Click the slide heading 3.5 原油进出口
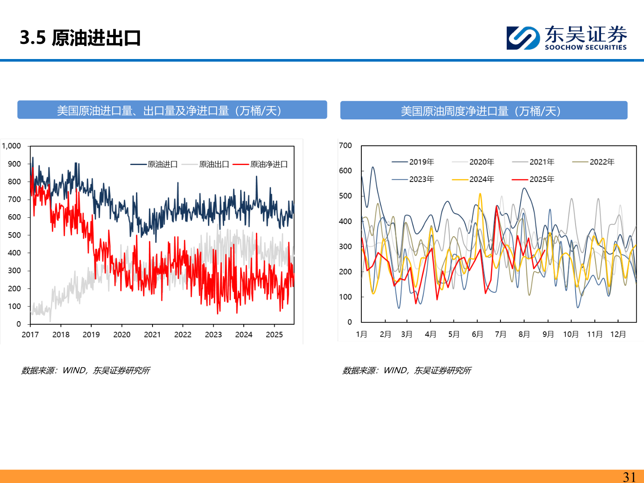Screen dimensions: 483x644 point(80,38)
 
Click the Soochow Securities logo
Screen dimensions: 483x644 point(567,38)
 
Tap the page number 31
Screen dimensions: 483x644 point(629,477)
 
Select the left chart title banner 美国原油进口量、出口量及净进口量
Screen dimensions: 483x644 point(172,110)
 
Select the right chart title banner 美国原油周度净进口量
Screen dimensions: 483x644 point(483,111)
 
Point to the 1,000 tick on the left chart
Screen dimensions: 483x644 point(12,146)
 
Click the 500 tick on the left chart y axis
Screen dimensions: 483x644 point(14,235)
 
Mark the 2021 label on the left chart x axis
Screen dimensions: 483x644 point(152,335)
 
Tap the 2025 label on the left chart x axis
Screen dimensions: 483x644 point(274,335)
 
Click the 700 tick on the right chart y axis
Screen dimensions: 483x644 point(345,145)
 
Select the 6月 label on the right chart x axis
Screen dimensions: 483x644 point(477,335)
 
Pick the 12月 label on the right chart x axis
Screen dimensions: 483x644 point(618,335)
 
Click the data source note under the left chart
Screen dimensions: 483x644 point(85,370)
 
